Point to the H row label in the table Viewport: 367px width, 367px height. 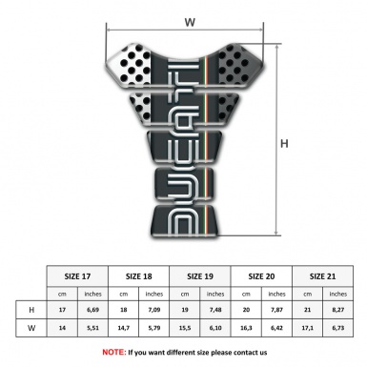(x=32, y=310)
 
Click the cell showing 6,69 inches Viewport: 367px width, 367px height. (x=93, y=310)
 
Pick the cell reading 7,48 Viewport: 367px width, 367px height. (x=217, y=310)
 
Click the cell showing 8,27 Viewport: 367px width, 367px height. (x=339, y=310)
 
